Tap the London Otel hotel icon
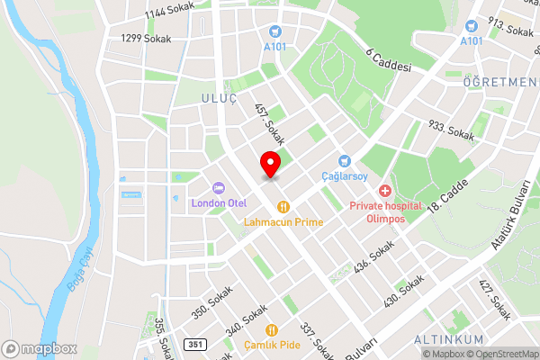click(x=218, y=187)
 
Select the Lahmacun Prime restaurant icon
click(x=283, y=205)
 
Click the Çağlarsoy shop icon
click(x=343, y=160)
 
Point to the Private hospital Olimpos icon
click(x=384, y=191)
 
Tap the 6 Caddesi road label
click(x=389, y=59)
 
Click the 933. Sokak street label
click(x=452, y=133)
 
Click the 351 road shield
click(x=195, y=345)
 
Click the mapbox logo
click(x=40, y=348)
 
